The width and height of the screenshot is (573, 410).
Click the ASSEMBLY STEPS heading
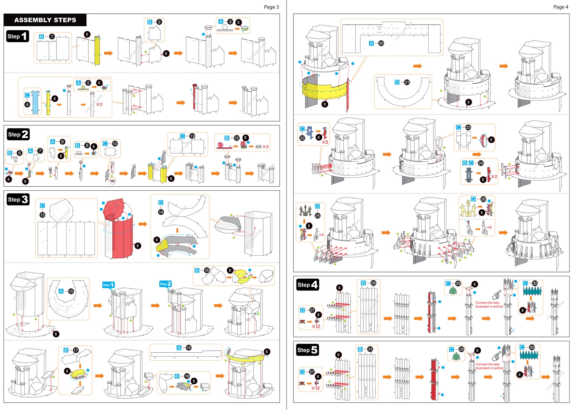[45, 20]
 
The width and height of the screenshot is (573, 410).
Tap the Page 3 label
[271, 7]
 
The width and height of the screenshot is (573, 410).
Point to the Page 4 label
[560, 7]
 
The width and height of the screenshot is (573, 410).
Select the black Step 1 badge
[18, 36]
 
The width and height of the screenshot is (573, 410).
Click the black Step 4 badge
[308, 285]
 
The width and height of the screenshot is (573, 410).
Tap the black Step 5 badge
[308, 350]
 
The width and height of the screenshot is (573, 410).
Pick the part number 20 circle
[381, 43]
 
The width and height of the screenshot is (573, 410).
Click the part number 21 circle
[407, 82]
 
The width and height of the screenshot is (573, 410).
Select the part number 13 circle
[42, 215]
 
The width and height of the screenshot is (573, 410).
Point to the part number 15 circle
[71, 291]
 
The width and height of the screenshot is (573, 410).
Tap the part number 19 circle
[189, 348]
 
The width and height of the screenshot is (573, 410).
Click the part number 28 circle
[373, 283]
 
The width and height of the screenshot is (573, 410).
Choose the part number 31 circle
[370, 349]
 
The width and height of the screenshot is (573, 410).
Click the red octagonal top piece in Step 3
[114, 209]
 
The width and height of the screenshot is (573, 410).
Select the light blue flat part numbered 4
[36, 102]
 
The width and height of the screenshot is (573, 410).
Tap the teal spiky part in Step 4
[532, 292]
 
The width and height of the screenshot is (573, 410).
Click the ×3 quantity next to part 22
[325, 142]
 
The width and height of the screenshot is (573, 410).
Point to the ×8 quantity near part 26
[489, 227]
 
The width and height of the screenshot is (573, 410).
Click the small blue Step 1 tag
[108, 285]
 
